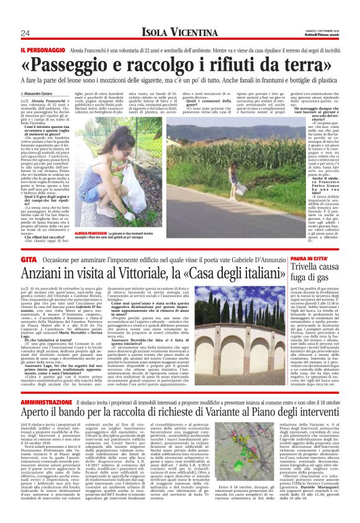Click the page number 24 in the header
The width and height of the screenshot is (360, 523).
pyautogui.click(x=26, y=33)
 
